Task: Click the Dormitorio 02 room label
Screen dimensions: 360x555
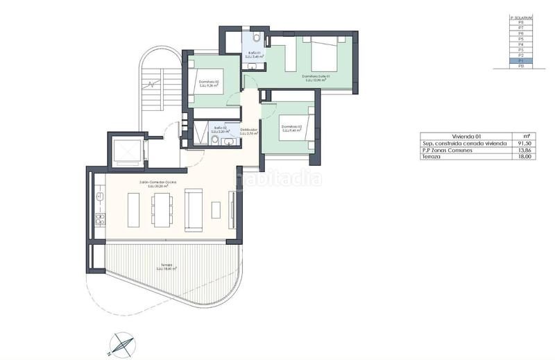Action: (209, 82)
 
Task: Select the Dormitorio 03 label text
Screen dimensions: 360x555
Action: (291, 127)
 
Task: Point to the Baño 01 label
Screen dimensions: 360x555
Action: (255, 53)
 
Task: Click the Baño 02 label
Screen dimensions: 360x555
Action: (221, 128)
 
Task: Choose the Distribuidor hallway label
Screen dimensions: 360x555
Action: (249, 130)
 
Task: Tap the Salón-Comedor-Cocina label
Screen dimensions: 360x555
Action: (157, 182)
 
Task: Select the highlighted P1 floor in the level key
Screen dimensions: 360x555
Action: (520, 61)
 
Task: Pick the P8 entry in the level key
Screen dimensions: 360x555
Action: (520, 23)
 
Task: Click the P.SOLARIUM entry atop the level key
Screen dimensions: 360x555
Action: (520, 17)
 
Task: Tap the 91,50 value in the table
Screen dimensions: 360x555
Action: (525, 144)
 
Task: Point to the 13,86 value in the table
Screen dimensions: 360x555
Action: (525, 150)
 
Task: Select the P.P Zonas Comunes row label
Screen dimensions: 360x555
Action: (450, 150)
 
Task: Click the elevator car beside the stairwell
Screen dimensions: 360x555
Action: (126, 150)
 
